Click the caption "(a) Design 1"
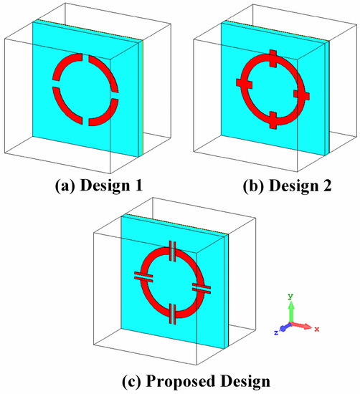[x=99, y=186]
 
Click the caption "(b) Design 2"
[x=288, y=186]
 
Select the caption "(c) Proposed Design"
[x=196, y=381]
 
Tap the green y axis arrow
[x=291, y=312]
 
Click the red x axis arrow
[x=302, y=326]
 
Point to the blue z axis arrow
[x=285, y=327]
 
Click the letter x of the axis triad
[x=317, y=329]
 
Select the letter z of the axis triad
[x=276, y=332]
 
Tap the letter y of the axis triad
[x=290, y=297]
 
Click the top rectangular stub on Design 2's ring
[x=273, y=59]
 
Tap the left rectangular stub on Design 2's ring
[x=245, y=83]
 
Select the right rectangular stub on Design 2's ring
[x=301, y=95]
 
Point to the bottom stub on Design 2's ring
[x=273, y=120]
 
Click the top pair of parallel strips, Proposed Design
[x=173, y=251]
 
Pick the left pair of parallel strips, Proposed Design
[x=143, y=276]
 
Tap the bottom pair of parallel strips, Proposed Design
[x=173, y=314]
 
